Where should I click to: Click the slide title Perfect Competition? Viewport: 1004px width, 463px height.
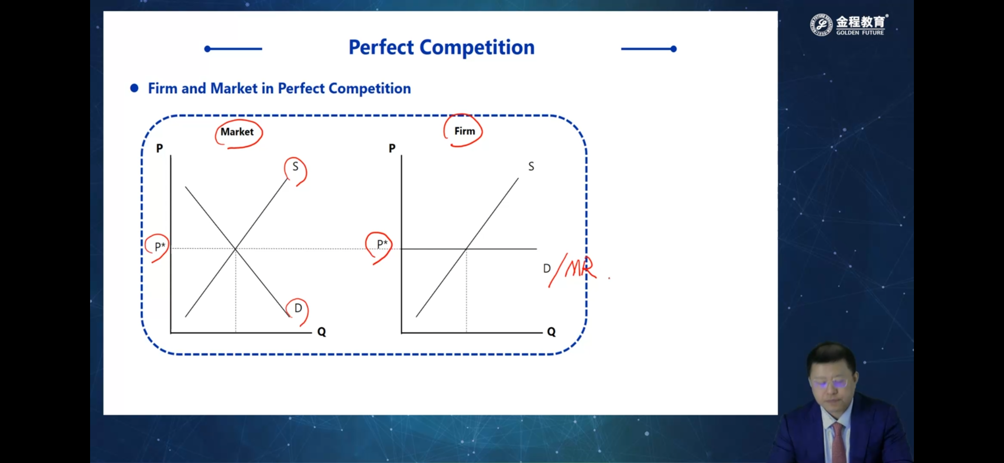[442, 47]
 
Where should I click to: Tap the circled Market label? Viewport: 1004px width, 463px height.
[237, 132]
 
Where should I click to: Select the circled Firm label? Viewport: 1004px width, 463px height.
[465, 131]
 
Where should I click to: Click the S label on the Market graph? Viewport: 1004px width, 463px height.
[295, 166]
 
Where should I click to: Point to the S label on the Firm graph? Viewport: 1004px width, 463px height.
[531, 166]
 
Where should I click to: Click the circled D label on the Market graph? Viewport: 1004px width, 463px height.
[298, 308]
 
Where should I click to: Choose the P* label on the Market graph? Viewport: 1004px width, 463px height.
[160, 247]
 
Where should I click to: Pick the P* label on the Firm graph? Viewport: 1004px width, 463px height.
[382, 244]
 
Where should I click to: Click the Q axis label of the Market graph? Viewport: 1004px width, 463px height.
[321, 332]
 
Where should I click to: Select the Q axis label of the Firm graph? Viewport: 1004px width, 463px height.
[551, 332]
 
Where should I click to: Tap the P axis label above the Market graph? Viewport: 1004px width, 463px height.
[160, 148]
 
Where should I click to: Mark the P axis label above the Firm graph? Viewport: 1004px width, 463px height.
[392, 148]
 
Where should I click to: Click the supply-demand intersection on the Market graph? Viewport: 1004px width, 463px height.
[236, 249]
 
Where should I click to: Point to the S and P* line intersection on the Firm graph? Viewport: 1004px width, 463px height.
[466, 249]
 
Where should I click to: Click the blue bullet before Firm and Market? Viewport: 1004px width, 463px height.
[134, 88]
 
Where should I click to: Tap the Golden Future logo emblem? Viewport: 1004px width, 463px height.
[821, 25]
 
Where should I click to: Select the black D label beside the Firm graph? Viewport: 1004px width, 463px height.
[547, 268]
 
